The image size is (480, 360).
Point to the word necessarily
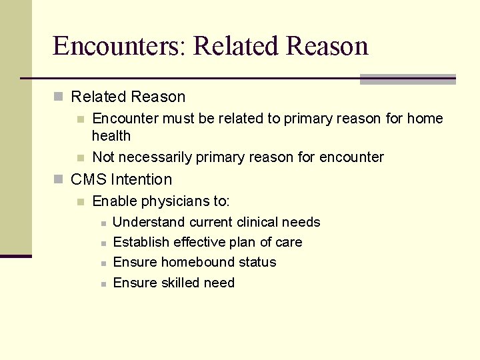(154, 157)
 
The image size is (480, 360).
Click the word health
(111, 136)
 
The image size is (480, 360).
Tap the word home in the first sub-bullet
(425, 119)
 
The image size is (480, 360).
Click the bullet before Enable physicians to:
(81, 201)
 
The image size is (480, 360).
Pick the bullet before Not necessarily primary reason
(81, 158)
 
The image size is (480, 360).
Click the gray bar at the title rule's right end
(407, 79)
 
